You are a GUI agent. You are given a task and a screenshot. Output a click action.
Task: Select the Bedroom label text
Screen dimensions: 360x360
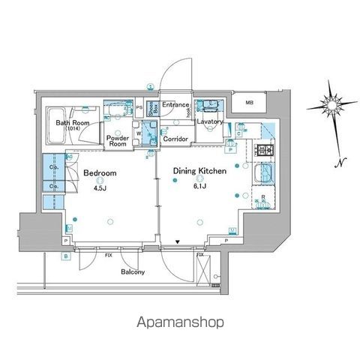pos(99,172)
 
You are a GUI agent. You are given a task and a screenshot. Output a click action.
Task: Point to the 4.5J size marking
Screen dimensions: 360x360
pos(98,188)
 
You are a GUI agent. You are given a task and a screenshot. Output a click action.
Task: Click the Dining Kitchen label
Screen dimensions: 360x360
pos(200,172)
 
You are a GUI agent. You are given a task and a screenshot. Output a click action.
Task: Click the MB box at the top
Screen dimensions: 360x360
pos(247,103)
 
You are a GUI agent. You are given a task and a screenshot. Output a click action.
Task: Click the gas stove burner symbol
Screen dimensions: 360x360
pos(265,152)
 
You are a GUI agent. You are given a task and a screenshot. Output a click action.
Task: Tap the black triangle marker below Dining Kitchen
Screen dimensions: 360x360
pos(177,242)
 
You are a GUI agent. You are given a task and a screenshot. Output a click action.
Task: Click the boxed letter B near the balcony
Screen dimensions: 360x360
pos(66,257)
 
